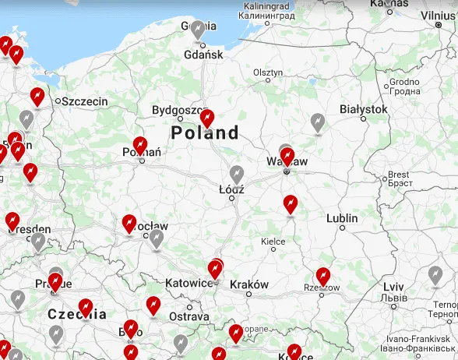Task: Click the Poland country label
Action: point(205,133)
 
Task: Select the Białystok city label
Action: point(363,109)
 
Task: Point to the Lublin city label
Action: point(342,218)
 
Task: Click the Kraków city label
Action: point(249,284)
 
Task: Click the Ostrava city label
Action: point(189,316)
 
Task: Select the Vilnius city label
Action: point(437,15)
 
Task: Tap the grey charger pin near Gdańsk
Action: point(199,30)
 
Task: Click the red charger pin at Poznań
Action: point(140,145)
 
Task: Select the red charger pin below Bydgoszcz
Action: point(206,118)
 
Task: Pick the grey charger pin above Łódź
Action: point(237,175)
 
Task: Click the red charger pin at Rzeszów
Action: point(323,277)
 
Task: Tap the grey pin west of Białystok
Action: point(317,122)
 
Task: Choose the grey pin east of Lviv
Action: point(435,275)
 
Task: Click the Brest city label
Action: point(399,175)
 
